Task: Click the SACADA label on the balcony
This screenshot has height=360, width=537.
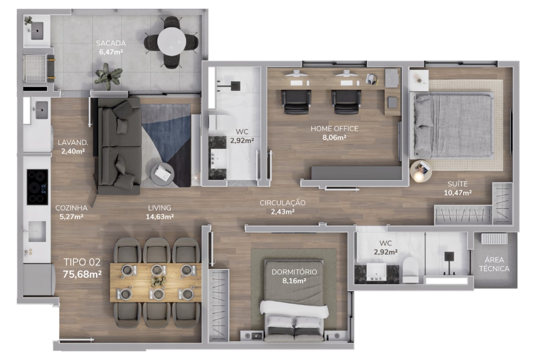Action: [111, 43]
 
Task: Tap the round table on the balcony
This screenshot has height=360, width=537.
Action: [172, 41]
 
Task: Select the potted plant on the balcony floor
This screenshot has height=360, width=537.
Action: [109, 76]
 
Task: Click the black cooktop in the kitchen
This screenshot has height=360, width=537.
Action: [37, 187]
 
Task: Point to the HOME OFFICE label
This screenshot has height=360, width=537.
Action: [334, 129]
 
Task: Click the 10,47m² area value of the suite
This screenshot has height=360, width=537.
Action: [458, 193]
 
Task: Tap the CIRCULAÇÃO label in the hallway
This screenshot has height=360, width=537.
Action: [283, 203]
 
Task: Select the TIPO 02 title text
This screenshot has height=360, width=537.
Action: [82, 262]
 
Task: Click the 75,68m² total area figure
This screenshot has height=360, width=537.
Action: [82, 274]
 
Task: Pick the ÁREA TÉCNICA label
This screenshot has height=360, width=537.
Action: [494, 264]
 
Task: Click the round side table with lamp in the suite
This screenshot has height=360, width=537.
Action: [421, 171]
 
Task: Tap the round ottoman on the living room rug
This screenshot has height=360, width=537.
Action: [162, 174]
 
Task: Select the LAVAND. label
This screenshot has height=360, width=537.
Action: [73, 142]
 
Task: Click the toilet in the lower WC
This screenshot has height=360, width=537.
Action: [411, 270]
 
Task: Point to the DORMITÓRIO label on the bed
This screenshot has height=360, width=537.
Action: [294, 271]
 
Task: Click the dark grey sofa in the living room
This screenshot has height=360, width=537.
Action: [119, 146]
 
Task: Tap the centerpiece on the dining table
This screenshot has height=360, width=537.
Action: [158, 281]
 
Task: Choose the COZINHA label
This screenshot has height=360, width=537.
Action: [71, 208]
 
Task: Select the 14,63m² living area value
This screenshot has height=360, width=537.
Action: [160, 216]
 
